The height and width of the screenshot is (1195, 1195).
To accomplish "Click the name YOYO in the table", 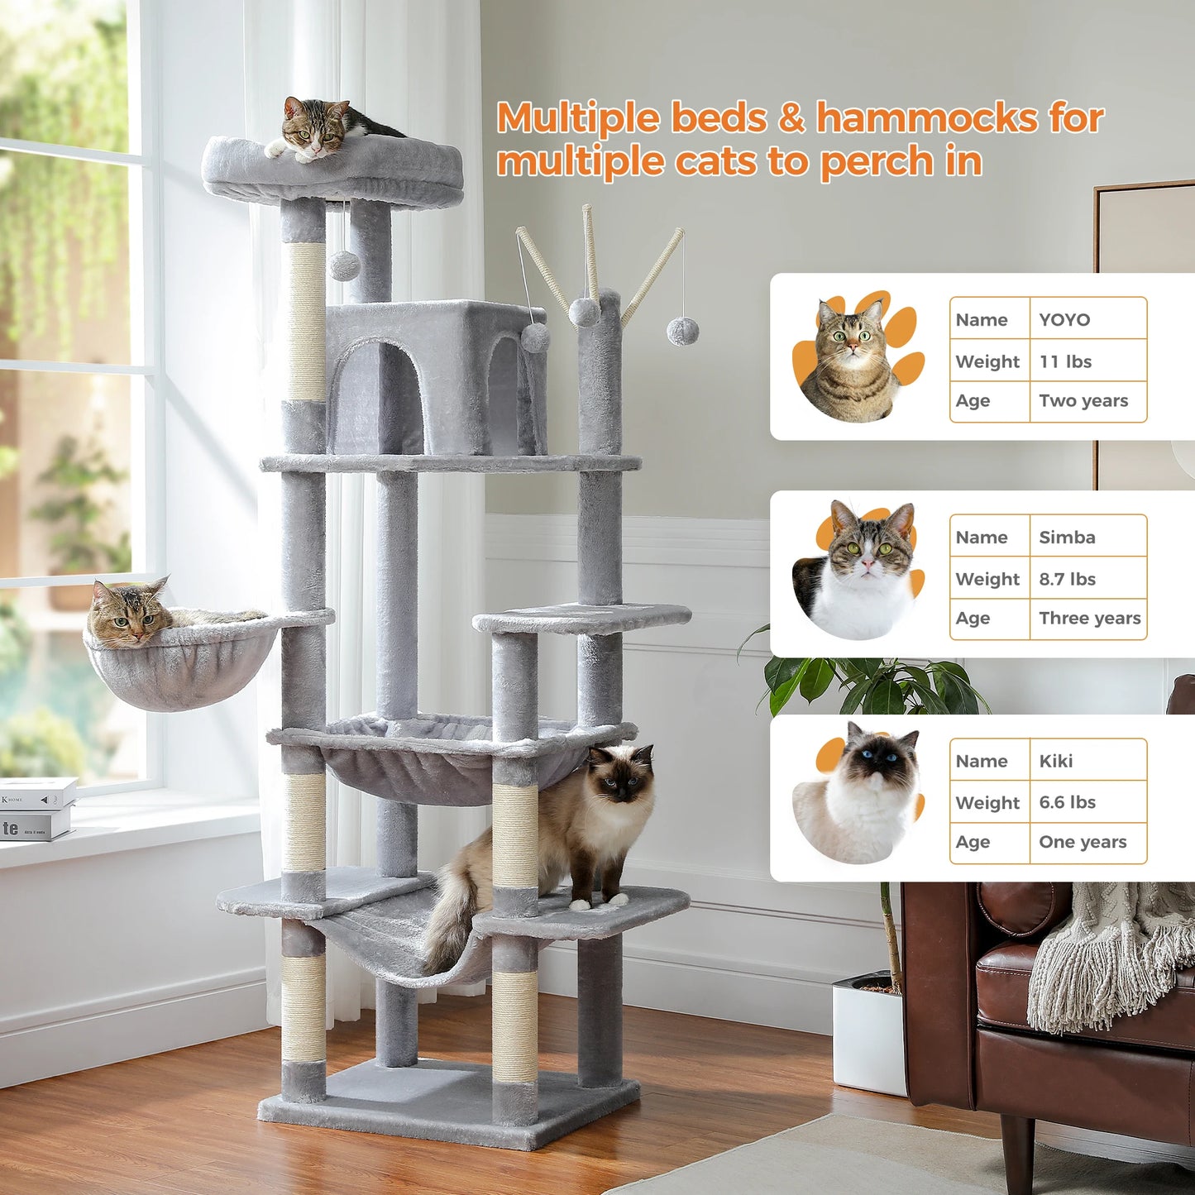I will click(x=1064, y=320).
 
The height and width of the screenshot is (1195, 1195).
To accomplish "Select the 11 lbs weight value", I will click(x=1065, y=361).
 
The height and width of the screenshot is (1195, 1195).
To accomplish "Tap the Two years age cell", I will click(x=1083, y=401).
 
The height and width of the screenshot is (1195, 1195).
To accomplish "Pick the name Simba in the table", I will click(x=1067, y=538).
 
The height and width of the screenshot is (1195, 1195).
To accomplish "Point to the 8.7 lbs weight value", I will click(x=1067, y=579).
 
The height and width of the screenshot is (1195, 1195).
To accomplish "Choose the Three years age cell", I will click(x=1089, y=619).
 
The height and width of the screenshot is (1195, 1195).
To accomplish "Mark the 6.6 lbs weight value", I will click(x=1067, y=802).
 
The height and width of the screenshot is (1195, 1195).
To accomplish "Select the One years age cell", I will click(x=1083, y=842).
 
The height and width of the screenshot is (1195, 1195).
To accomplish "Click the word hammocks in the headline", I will click(x=927, y=118).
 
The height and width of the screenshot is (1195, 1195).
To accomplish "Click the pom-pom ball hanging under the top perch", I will click(x=344, y=265).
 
